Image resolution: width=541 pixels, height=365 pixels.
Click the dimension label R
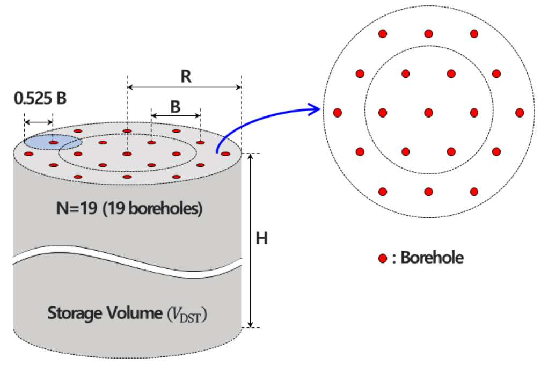click(x=186, y=76)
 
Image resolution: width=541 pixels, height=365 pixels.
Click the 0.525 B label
click(x=40, y=98)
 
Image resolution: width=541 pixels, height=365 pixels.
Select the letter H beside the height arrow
click(x=261, y=238)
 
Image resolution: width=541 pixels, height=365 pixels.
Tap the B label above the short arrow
click(x=176, y=107)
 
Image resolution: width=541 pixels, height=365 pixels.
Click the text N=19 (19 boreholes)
click(x=129, y=209)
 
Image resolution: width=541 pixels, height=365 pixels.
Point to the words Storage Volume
click(x=105, y=313)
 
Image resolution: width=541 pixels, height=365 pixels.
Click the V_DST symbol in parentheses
click(x=186, y=315)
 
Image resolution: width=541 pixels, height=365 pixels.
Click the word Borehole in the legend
click(x=432, y=258)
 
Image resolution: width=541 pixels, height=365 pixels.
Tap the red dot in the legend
click(x=383, y=258)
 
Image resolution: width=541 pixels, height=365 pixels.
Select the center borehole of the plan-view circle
click(x=428, y=113)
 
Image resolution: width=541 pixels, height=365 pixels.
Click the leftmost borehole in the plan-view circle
click(x=338, y=113)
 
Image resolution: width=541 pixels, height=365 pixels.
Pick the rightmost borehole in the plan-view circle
click(x=520, y=113)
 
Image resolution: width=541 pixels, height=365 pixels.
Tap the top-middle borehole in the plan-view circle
click(x=428, y=34)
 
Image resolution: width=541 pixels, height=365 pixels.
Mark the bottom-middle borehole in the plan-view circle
click(x=428, y=192)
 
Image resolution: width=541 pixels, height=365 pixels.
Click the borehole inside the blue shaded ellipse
click(x=54, y=142)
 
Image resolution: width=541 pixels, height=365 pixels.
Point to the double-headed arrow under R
click(x=185, y=87)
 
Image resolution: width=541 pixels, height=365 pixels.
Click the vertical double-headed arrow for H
click(x=251, y=240)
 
